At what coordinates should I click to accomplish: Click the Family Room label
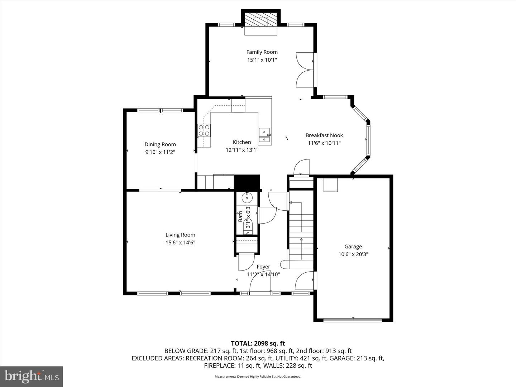(x=262, y=52)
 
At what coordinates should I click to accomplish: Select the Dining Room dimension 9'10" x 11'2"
(x=160, y=152)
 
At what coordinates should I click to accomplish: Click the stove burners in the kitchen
(x=204, y=130)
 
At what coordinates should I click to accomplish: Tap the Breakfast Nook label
(x=324, y=135)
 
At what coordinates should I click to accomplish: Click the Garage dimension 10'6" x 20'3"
(x=353, y=254)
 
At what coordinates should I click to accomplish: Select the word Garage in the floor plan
(x=353, y=247)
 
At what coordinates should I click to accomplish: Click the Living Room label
(x=180, y=235)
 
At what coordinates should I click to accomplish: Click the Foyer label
(x=263, y=267)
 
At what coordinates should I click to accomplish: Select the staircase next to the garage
(x=301, y=233)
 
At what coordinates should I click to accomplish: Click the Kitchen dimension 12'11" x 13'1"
(x=242, y=150)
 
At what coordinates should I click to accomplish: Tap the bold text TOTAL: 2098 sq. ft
(x=258, y=343)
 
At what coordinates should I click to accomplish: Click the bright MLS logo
(x=32, y=376)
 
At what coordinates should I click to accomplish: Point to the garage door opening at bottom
(x=353, y=320)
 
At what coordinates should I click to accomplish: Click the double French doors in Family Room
(x=305, y=70)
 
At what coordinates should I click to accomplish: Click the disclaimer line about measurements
(x=258, y=377)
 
